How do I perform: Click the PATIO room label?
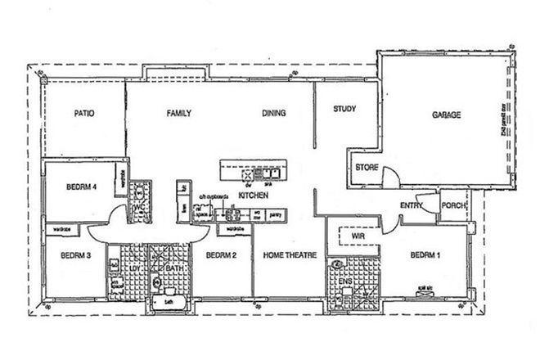(85, 114)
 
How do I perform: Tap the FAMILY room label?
(179, 114)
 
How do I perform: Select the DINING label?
(274, 114)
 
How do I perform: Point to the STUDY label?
(344, 109)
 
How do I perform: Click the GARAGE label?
(447, 115)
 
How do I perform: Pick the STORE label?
(365, 168)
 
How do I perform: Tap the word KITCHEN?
(253, 196)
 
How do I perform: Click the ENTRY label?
(410, 205)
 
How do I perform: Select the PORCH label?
(452, 205)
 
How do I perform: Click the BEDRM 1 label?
(425, 255)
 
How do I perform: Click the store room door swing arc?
(391, 173)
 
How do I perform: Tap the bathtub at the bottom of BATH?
(170, 303)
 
